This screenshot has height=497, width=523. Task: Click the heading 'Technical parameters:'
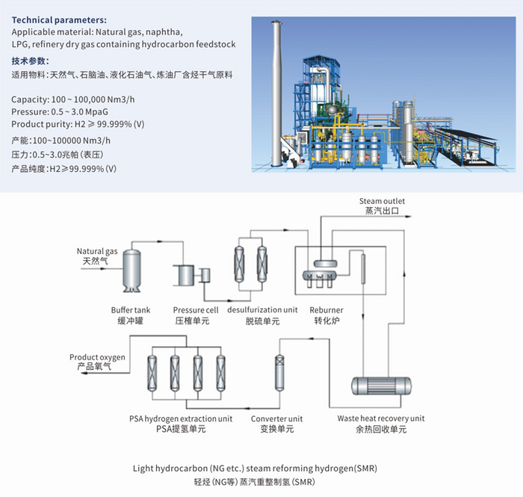59,19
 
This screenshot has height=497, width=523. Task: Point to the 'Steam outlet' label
382,202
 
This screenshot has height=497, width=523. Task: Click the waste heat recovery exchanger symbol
382,386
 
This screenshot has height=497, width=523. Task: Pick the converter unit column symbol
281,371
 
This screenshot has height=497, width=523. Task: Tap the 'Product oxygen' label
97,357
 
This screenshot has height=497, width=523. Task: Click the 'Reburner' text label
327,309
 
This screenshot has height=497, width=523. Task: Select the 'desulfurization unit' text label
262,309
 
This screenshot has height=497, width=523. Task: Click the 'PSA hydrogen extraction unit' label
180,419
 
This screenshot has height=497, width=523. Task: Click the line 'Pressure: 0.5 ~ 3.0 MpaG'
64,112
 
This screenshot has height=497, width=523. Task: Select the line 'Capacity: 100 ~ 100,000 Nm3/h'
72,99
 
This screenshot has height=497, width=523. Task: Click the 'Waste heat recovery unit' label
381,419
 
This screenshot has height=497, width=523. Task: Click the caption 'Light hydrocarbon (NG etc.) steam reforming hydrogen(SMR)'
261,469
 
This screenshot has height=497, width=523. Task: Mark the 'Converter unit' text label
276,419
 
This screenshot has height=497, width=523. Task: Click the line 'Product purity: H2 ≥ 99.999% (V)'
78,124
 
